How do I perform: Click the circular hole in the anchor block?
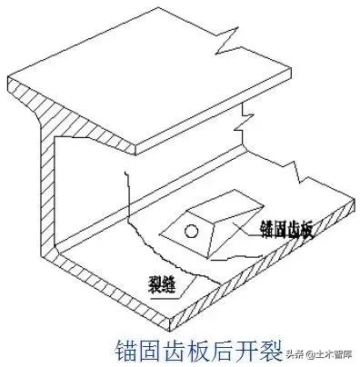click(x=189, y=231)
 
